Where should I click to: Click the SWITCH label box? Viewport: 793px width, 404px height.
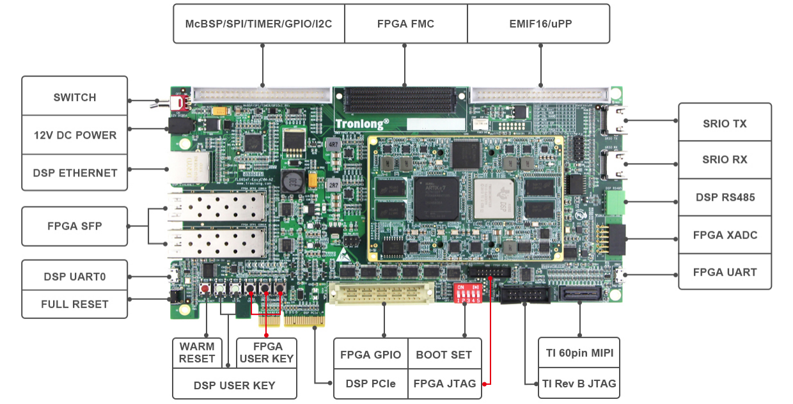pos(75,97)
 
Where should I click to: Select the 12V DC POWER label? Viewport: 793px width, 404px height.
pos(75,135)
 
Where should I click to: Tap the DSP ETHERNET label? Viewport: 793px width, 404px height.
pos(75,173)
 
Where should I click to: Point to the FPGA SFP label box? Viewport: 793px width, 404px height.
pos(75,226)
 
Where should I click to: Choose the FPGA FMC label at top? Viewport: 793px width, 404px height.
pos(405,24)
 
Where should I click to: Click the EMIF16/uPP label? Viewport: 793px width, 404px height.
pos(538,24)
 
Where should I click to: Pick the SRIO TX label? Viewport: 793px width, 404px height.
pos(725,123)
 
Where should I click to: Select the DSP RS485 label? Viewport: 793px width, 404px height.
pos(725,197)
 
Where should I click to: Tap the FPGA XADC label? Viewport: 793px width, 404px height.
pos(725,235)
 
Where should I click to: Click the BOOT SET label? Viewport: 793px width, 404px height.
pos(444,355)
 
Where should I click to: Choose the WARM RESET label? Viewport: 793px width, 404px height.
pos(197,353)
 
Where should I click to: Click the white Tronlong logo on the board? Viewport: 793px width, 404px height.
pos(362,123)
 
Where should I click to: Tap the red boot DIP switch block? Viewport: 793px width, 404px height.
pos(467,295)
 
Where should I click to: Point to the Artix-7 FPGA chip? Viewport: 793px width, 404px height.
pos(437,197)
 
